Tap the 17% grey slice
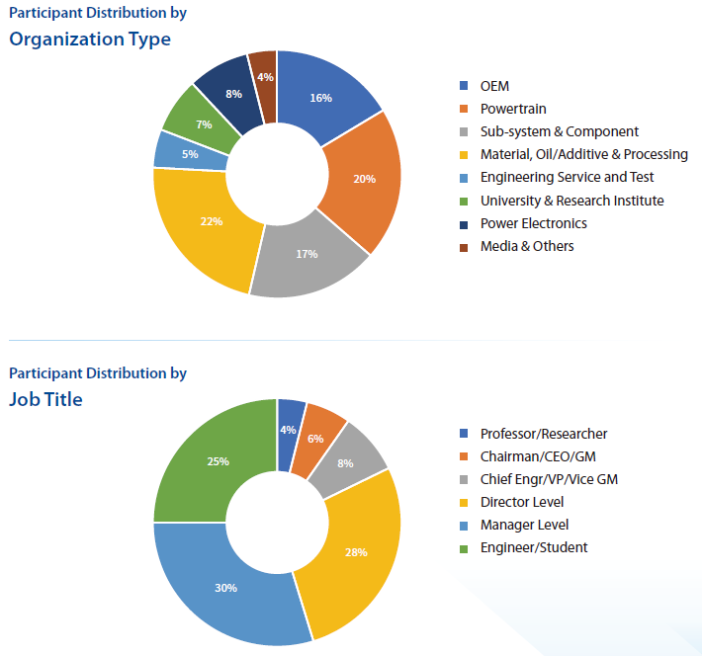[307, 254]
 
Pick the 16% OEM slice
[319, 98]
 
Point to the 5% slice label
[189, 153]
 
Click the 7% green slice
[205, 124]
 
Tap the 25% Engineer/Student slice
[219, 461]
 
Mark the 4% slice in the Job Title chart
[288, 430]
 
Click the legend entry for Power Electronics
[533, 223]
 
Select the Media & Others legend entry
[526, 246]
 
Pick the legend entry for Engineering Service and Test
[567, 178]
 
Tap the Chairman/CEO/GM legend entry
[538, 456]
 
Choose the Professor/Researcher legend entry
[543, 434]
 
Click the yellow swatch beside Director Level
[465, 502]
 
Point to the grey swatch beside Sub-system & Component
[465, 132]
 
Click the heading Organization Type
[90, 40]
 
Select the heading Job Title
[46, 399]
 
